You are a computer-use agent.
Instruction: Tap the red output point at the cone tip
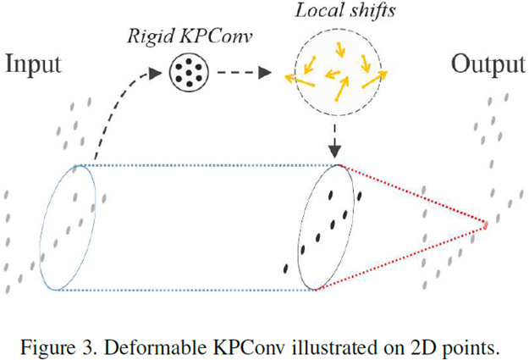486,225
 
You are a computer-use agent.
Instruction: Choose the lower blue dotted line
186,290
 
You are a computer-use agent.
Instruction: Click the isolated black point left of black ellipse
285,269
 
